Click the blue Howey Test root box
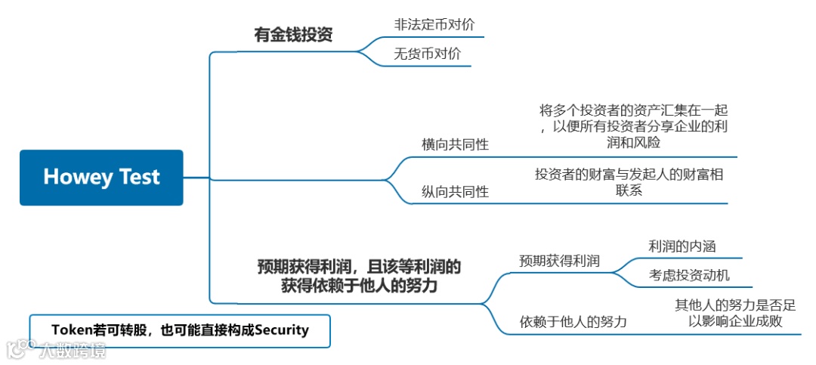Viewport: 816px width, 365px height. click(101, 178)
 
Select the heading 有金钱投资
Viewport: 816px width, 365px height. click(293, 35)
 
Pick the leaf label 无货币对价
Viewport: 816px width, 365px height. click(427, 54)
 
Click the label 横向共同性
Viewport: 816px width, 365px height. click(455, 144)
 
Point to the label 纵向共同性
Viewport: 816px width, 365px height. click(455, 192)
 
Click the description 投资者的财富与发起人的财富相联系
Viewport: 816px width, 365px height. click(629, 182)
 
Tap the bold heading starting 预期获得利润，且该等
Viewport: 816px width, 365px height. click(359, 277)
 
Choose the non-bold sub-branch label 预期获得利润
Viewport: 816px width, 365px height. click(560, 261)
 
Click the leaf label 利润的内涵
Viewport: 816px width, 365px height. click(682, 246)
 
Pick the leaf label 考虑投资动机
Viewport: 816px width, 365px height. click(689, 275)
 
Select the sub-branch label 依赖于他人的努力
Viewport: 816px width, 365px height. click(573, 322)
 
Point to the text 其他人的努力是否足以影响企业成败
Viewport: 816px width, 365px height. click(734, 314)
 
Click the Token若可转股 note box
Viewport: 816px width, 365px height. click(180, 331)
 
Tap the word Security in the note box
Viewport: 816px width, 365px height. click(282, 330)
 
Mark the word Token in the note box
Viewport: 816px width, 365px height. click(72, 330)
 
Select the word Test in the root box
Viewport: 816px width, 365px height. click(139, 178)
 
